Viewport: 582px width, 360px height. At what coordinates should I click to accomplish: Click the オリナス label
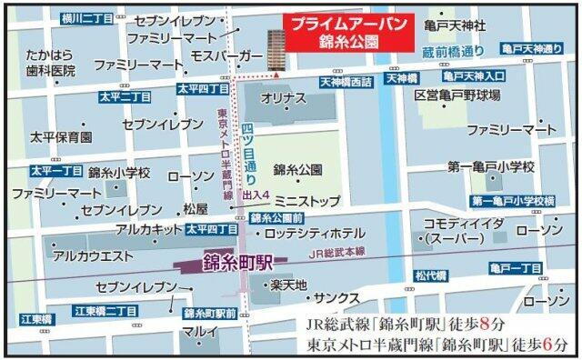276,96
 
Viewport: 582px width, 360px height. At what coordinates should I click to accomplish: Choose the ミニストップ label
307,199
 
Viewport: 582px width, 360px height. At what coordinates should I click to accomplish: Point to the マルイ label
198,332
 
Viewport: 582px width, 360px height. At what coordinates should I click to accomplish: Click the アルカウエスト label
93,256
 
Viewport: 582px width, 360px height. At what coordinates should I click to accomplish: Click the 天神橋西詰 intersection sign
345,82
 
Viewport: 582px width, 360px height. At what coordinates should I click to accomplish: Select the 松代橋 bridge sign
430,275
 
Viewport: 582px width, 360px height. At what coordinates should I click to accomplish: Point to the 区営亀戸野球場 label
457,95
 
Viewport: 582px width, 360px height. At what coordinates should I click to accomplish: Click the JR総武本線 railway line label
336,252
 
